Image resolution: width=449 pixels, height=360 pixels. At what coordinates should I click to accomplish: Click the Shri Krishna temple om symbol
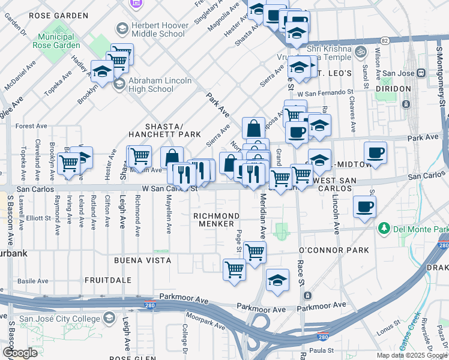[360, 51]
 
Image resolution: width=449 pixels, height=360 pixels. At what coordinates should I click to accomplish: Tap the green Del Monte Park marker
[382, 229]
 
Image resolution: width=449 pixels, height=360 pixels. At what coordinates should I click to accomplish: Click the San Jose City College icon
[109, 317]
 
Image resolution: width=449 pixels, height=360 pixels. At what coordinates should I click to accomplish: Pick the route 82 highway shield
[385, 40]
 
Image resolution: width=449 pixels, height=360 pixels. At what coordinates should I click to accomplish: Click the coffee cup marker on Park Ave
[375, 153]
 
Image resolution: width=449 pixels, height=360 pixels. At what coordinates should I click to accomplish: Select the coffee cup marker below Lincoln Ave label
[364, 208]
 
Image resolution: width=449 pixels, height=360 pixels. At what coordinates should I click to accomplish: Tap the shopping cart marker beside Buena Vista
[234, 269]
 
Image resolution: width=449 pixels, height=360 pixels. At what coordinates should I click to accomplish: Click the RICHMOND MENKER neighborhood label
[215, 220]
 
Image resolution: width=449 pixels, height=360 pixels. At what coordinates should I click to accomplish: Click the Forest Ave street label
[31, 126]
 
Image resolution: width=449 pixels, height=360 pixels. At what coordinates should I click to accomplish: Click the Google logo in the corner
[20, 353]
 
